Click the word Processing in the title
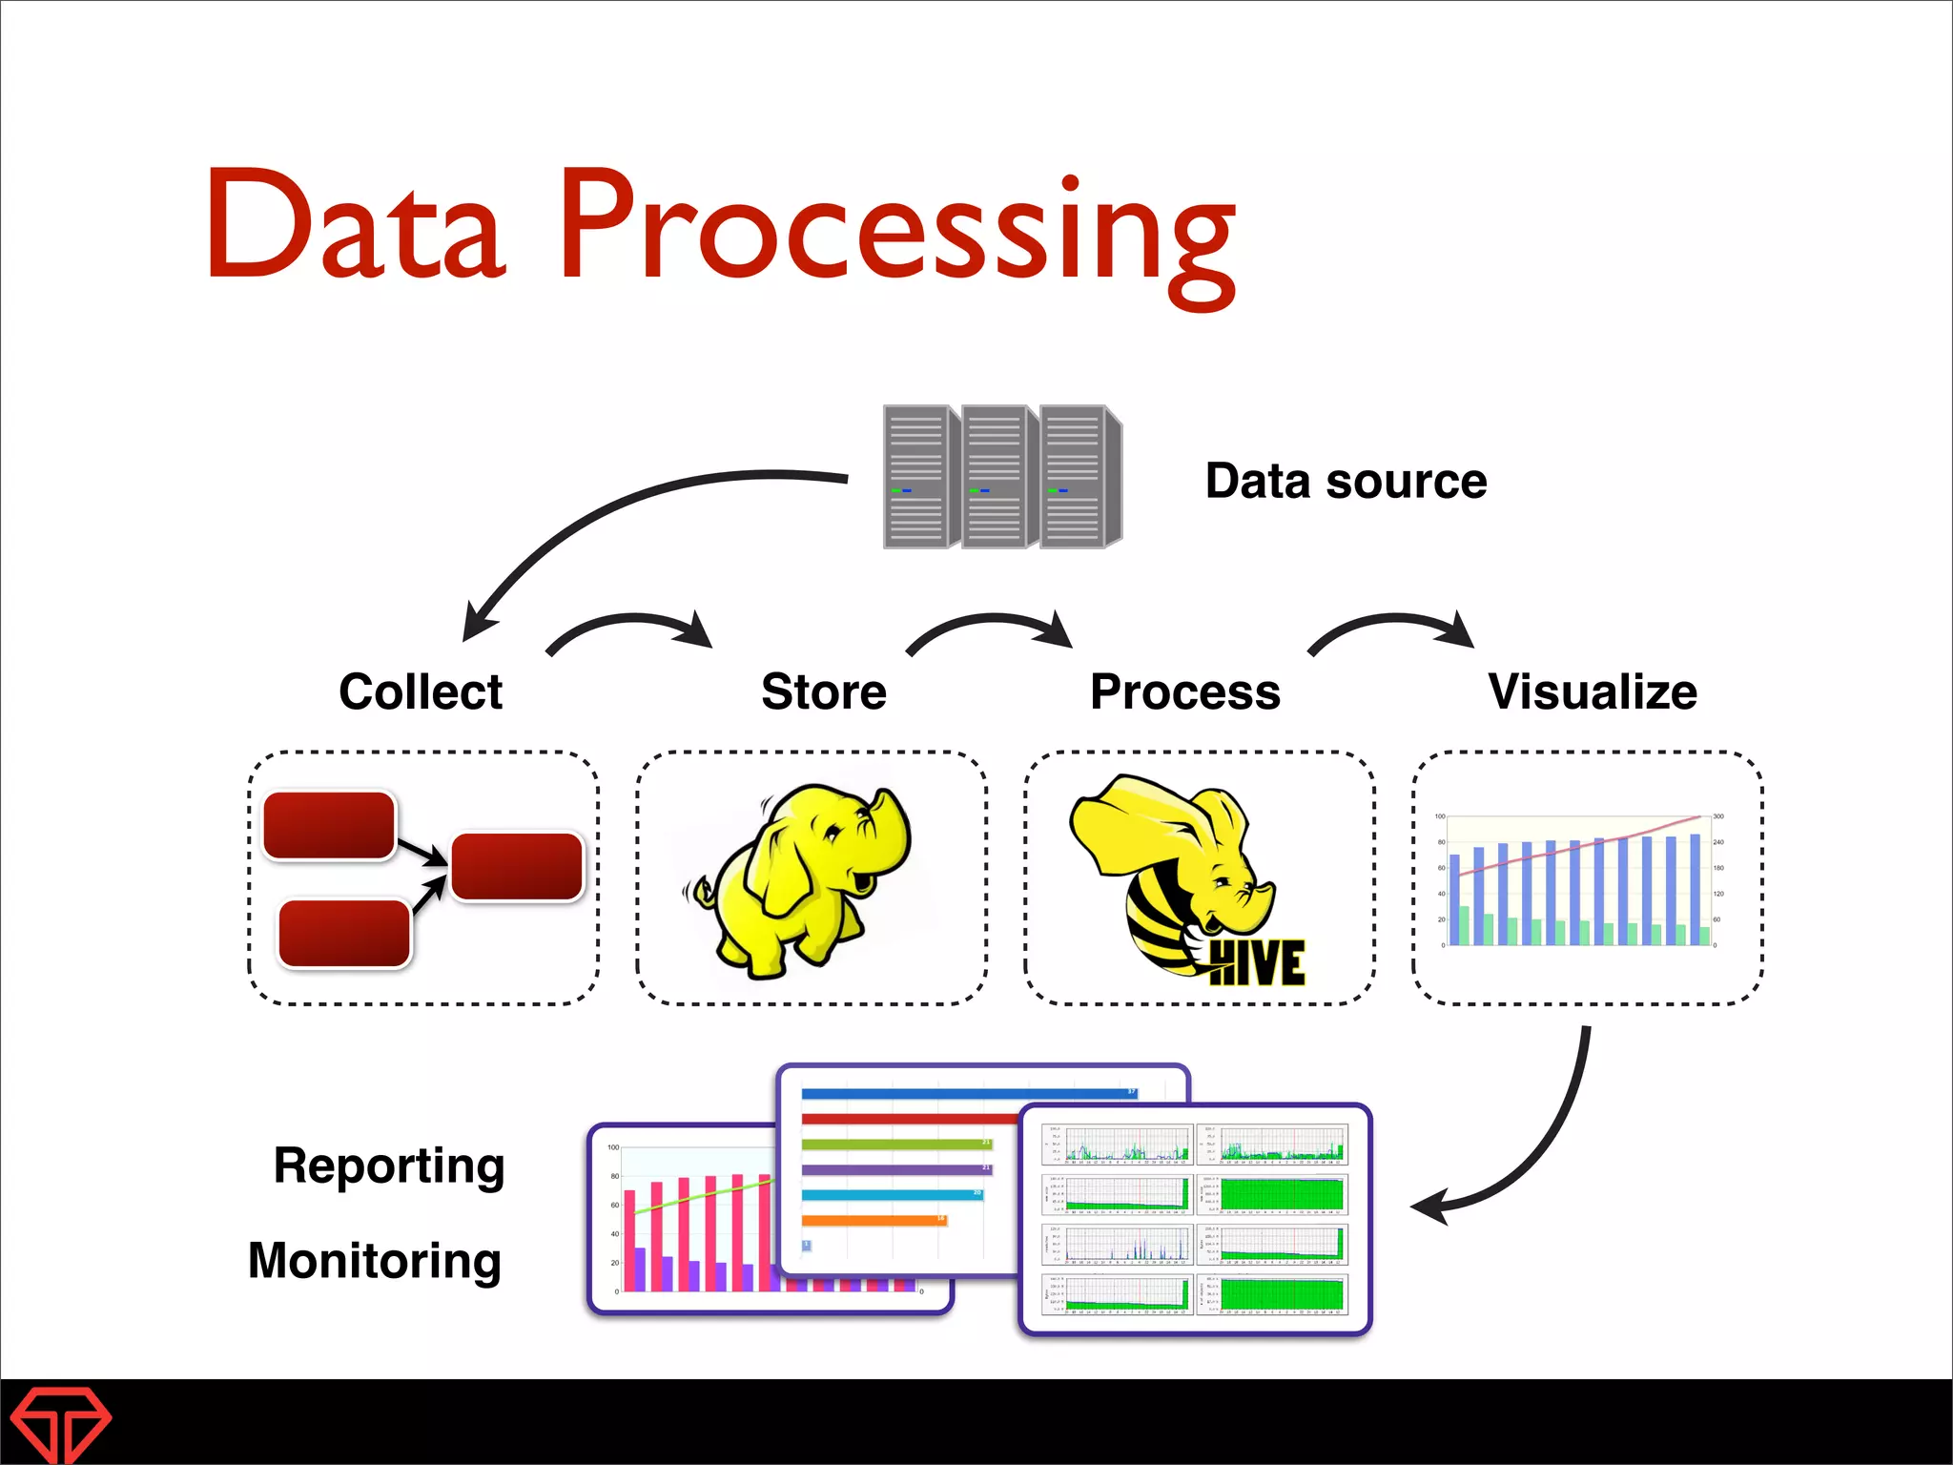pyautogui.click(x=896, y=229)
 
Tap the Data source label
pyautogui.click(x=1346, y=481)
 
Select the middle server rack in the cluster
pyautogui.click(x=997, y=477)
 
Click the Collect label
pyautogui.click(x=421, y=691)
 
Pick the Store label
pyautogui.click(x=824, y=691)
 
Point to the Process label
pyautogui.click(x=1185, y=691)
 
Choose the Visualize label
pyautogui.click(x=1593, y=691)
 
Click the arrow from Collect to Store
pyautogui.click(x=629, y=625)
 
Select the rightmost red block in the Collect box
pyautogui.click(x=516, y=866)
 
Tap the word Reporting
pyautogui.click(x=389, y=1166)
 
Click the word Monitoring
pyautogui.click(x=375, y=1261)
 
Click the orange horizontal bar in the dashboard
pyautogui.click(x=873, y=1220)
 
